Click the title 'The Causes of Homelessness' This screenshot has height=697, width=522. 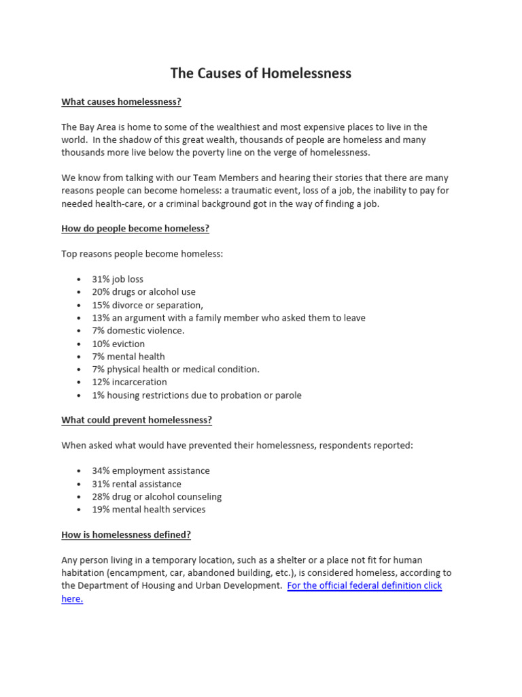point(260,74)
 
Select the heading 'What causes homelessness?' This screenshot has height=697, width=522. point(121,102)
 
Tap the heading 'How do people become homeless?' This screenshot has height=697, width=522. point(135,229)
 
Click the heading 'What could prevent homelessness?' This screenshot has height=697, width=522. point(137,420)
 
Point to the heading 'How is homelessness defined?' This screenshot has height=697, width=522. point(126,535)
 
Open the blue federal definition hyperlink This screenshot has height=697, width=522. point(364,585)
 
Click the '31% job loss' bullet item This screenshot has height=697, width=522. point(118,280)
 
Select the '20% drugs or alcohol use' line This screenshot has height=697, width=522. point(143,292)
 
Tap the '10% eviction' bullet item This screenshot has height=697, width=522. point(118,344)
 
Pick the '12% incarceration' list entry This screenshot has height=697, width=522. point(129,382)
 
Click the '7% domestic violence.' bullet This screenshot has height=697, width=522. point(138,331)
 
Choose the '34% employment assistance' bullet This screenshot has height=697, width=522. point(151,471)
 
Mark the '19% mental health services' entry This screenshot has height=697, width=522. point(148,509)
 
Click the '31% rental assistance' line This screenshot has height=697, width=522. point(137,484)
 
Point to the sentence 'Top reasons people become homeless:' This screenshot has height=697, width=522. point(142,254)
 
